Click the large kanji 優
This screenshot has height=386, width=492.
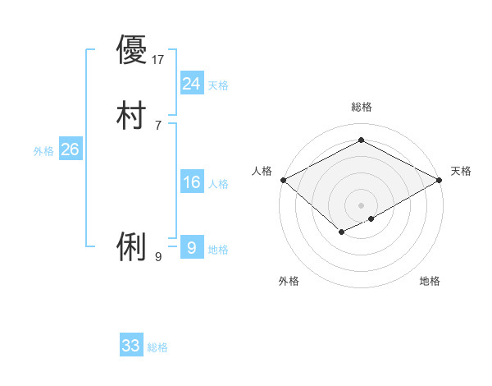131,50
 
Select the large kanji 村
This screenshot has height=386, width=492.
131,116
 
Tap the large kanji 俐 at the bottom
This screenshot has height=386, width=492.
131,247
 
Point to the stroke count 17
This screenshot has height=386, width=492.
159,59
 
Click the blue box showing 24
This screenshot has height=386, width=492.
191,84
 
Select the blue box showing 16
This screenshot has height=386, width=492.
191,182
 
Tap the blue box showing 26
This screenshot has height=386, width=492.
70,149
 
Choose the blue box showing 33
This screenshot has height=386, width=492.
131,346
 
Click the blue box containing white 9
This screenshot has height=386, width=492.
191,248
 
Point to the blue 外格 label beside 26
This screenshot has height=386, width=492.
43,151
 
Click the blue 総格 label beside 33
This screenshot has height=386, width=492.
158,348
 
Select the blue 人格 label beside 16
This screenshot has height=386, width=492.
218,184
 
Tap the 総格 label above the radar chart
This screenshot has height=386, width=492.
361,107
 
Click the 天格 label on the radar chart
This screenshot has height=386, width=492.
461,171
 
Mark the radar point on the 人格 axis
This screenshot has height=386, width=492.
283,180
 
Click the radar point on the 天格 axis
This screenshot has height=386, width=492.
440,180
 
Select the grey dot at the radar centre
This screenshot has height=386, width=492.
361,205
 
